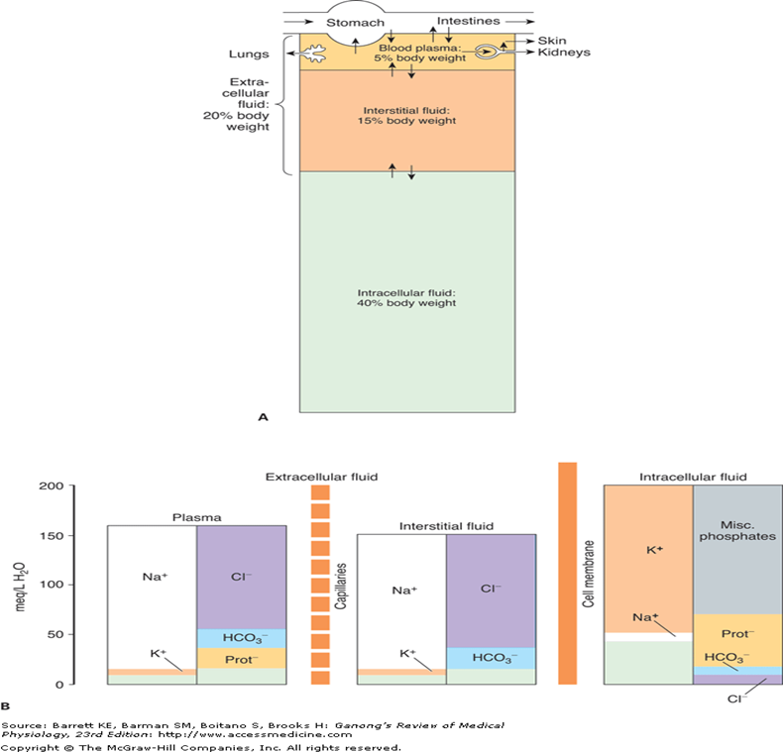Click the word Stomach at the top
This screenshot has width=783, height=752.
(356, 20)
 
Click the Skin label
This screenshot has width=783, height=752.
(551, 39)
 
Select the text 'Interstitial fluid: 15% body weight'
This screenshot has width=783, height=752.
(407, 115)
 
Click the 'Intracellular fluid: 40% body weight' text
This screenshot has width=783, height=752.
(407, 297)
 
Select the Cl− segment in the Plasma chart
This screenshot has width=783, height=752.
(242, 576)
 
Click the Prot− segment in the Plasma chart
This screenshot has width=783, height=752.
(242, 657)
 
